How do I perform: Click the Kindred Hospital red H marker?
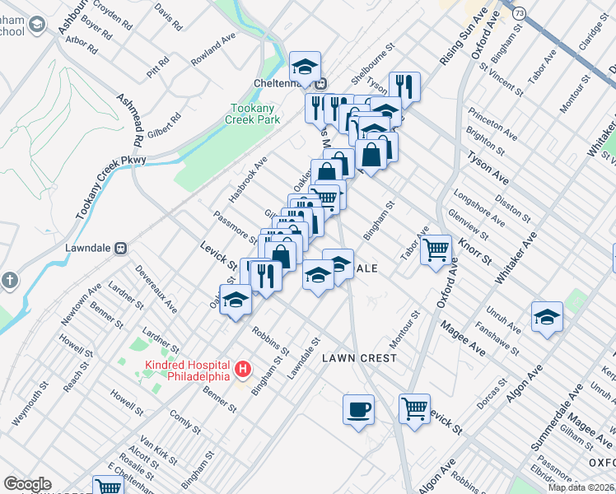pyautogui.click(x=242, y=370)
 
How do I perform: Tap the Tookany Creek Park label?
pyautogui.click(x=252, y=114)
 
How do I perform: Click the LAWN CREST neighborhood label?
pyautogui.click(x=359, y=358)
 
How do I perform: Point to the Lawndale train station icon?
pyautogui.click(x=120, y=246)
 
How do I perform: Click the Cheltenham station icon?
pyautogui.click(x=323, y=82)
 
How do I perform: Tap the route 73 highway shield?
pyautogui.click(x=518, y=13)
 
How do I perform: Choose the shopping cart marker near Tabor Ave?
pyautogui.click(x=436, y=248)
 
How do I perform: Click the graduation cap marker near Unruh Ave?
pyautogui.click(x=547, y=317)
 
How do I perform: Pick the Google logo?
pyautogui.click(x=27, y=484)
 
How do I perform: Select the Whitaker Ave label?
pyautogui.click(x=516, y=259)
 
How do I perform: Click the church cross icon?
pyautogui.click(x=10, y=280)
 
